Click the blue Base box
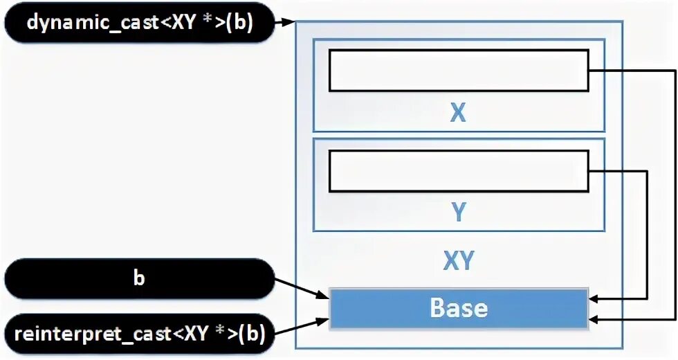point(459,308)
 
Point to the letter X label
point(458,114)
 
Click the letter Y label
point(458,213)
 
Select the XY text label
point(458,261)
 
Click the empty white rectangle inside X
point(459,70)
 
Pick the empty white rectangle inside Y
point(459,171)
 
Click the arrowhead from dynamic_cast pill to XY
point(289,24)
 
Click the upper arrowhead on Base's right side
point(595,299)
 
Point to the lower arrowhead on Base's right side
point(595,320)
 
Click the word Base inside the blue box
point(459,308)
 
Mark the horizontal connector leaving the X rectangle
point(630,71)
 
